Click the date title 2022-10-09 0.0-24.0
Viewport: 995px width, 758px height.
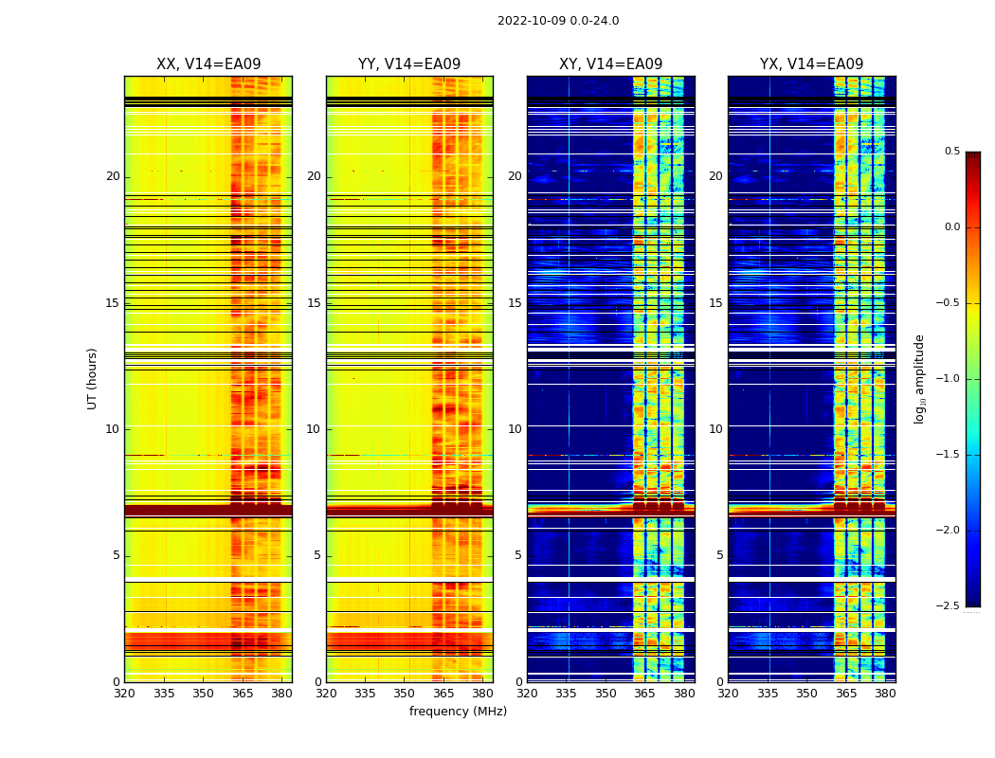click(x=558, y=21)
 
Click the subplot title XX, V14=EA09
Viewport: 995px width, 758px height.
click(x=208, y=64)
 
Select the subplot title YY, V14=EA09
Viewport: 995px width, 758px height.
click(x=409, y=64)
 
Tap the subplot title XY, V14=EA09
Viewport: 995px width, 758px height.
click(x=610, y=64)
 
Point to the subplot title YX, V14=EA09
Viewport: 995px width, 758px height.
click(x=811, y=64)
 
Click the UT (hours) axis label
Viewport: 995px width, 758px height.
click(x=92, y=378)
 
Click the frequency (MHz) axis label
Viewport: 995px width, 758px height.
click(x=458, y=712)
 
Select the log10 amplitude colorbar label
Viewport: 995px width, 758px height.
click(x=919, y=378)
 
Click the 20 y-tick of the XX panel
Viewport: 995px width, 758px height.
click(x=113, y=176)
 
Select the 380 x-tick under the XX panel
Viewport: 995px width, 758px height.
click(x=281, y=693)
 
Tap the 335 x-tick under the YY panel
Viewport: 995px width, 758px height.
click(x=365, y=693)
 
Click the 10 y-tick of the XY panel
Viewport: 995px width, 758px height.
click(x=515, y=429)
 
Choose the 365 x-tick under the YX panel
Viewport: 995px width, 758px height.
click(x=846, y=693)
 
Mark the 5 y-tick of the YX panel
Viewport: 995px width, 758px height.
click(x=719, y=555)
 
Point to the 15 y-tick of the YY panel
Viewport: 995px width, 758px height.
click(x=314, y=303)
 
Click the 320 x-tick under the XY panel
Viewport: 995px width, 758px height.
click(x=527, y=693)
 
